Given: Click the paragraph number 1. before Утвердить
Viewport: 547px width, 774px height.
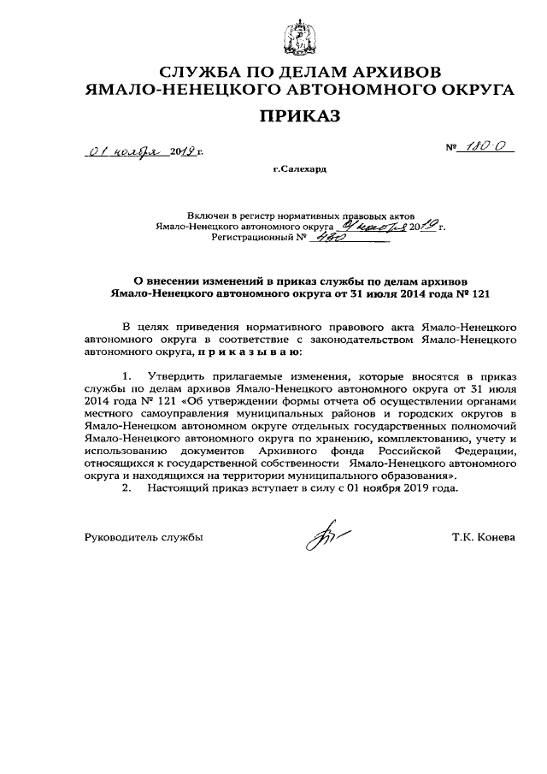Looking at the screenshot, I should coord(127,375).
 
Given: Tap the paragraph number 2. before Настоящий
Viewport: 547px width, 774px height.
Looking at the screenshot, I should coord(127,488).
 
